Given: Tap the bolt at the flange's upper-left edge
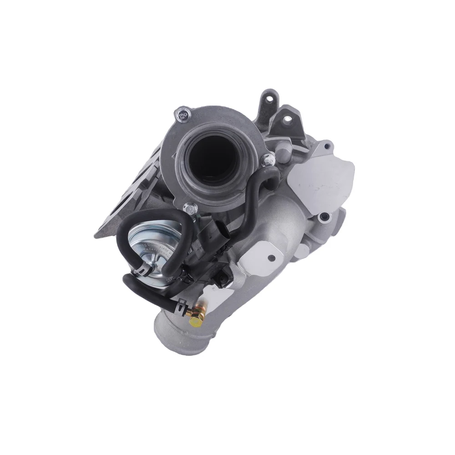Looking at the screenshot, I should (x=184, y=114).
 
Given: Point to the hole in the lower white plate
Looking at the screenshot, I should (x=272, y=258).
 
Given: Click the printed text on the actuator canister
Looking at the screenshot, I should (x=157, y=248).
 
